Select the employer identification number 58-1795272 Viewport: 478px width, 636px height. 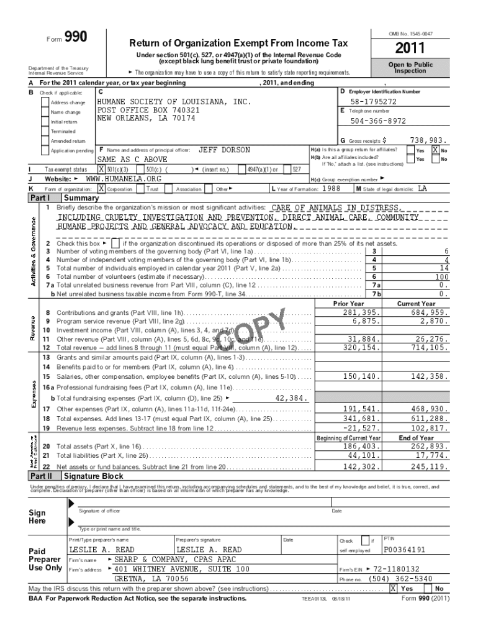coord(373,101)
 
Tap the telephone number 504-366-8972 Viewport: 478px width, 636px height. coord(378,121)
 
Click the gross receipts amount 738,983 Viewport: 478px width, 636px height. coord(429,141)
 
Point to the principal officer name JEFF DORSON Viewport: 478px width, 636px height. coord(223,150)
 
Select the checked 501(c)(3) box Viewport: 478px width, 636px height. coord(101,169)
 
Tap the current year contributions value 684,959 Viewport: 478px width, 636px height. coord(429,312)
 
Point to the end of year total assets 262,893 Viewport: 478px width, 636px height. coord(429,446)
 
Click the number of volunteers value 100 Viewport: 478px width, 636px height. coord(441,276)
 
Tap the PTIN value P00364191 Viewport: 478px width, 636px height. coord(405,550)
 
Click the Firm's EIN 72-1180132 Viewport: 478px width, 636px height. coord(396,568)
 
